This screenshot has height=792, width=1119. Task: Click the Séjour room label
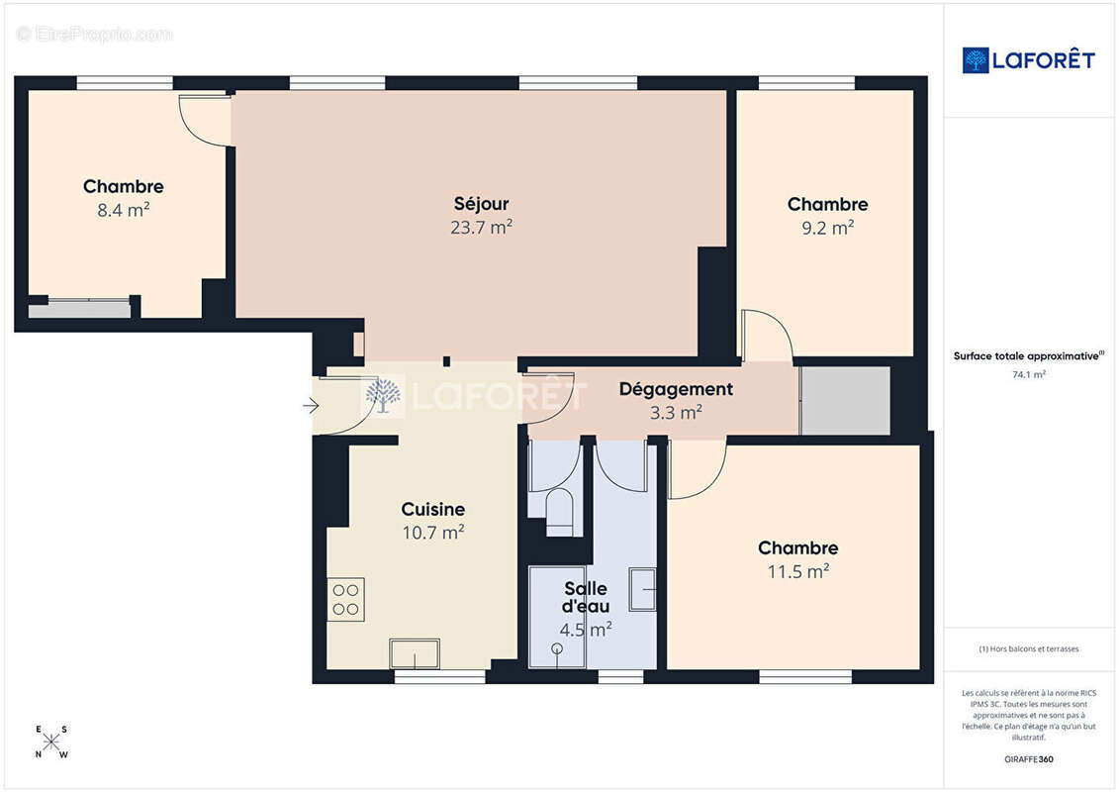(481, 204)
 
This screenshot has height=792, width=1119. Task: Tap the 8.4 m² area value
(124, 210)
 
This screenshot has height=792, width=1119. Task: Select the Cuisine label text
(433, 509)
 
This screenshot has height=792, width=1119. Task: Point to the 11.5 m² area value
(797, 571)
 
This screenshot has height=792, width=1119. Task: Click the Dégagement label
(676, 389)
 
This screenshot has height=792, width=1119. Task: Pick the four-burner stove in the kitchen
(346, 600)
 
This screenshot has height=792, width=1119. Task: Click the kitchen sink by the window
(415, 654)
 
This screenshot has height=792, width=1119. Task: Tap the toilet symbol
(560, 512)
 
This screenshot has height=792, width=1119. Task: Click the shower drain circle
(557, 648)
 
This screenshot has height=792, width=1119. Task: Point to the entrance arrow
(311, 406)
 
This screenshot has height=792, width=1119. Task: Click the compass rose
(51, 742)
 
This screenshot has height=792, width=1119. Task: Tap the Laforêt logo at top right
(1028, 60)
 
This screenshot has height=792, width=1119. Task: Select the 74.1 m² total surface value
(1028, 374)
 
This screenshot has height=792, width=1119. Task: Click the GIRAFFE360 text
(1028, 759)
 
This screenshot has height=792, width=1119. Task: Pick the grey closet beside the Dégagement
(845, 401)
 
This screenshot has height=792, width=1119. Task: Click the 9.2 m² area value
(828, 228)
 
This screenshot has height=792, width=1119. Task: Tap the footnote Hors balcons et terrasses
(1028, 649)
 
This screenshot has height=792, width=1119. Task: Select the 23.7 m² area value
(481, 227)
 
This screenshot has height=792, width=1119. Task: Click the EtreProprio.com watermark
(94, 34)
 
